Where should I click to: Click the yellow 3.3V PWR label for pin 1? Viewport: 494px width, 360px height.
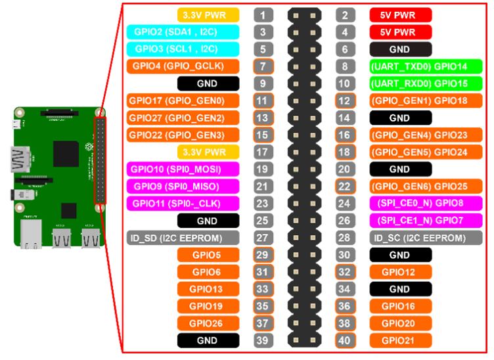[x=208, y=15]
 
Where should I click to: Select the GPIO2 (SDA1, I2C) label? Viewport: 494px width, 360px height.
[x=175, y=32]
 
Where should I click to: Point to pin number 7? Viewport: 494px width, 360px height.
[x=263, y=66]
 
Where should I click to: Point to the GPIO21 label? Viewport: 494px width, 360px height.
[x=401, y=340]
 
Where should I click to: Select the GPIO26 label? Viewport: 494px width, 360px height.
[x=208, y=323]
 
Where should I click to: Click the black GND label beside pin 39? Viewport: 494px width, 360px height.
[x=208, y=340]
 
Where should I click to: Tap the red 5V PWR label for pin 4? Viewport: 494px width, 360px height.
[x=401, y=32]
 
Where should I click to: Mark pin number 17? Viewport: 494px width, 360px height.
[x=263, y=152]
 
